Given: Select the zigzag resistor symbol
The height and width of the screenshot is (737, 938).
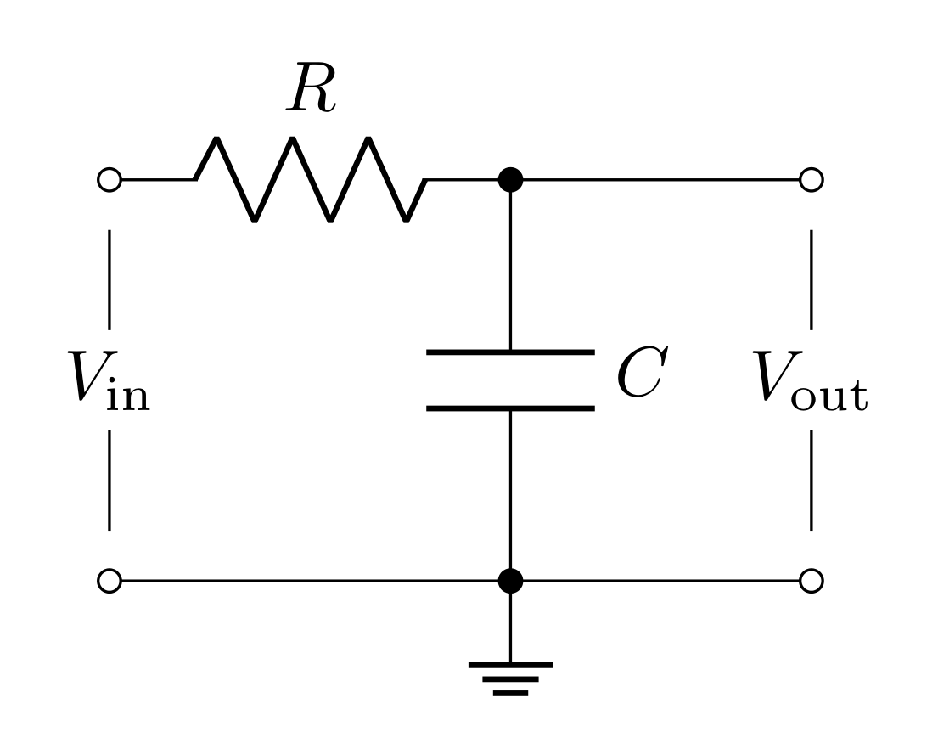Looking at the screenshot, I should pyautogui.click(x=311, y=179).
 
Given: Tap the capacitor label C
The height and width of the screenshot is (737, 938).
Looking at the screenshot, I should pyautogui.click(x=638, y=374).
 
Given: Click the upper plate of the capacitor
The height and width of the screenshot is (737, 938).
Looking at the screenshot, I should pyautogui.click(x=509, y=351).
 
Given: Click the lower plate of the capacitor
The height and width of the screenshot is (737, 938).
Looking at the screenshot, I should pyautogui.click(x=509, y=408).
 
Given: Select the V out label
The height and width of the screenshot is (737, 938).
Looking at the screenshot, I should pyautogui.click(x=810, y=378).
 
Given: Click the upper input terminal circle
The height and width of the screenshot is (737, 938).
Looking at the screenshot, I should pyautogui.click(x=110, y=180).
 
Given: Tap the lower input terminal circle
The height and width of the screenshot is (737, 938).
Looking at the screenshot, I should pyautogui.click(x=110, y=581).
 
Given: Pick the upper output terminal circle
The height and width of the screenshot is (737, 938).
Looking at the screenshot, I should pyautogui.click(x=811, y=180).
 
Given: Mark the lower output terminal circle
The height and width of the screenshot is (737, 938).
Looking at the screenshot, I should pyautogui.click(x=811, y=581).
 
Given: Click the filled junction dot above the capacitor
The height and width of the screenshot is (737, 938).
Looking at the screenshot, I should pyautogui.click(x=509, y=180).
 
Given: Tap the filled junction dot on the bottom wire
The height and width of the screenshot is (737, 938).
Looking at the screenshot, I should pyautogui.click(x=509, y=581).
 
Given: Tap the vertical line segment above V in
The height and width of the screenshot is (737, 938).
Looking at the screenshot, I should pyautogui.click(x=110, y=278).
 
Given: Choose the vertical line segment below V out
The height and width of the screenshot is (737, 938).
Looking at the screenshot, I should pyautogui.click(x=811, y=480).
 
